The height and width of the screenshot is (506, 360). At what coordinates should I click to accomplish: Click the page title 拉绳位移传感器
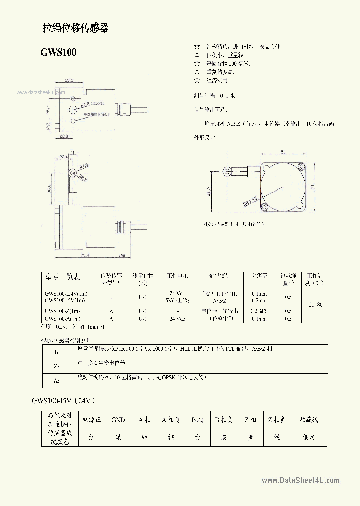coord(76,28)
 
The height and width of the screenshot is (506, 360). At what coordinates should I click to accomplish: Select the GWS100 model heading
coord(58,52)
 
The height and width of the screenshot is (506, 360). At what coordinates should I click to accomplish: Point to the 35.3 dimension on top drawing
coord(69,80)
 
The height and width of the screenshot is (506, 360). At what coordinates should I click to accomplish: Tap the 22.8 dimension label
coord(64,135)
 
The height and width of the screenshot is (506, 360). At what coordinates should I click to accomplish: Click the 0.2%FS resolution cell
coord(259,311)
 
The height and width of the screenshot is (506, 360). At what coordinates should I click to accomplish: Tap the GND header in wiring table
coord(118,420)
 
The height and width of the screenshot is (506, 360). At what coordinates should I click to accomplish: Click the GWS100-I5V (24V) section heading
coord(63,400)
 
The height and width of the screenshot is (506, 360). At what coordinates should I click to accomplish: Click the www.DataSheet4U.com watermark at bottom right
coord(300,480)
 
